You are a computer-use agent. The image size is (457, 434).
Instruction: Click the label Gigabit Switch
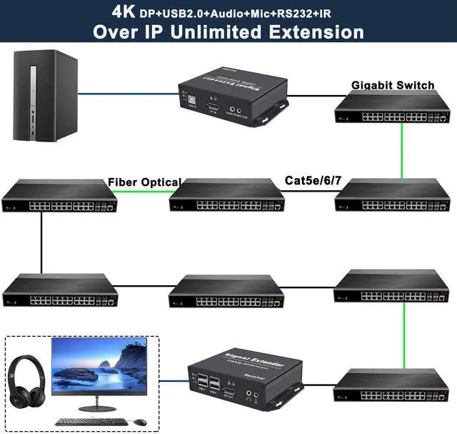[392, 86]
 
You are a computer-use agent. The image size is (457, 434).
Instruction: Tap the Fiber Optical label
[144, 182]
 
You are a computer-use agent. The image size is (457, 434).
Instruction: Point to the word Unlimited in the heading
[222, 31]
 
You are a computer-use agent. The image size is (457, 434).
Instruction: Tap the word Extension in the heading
[314, 31]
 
